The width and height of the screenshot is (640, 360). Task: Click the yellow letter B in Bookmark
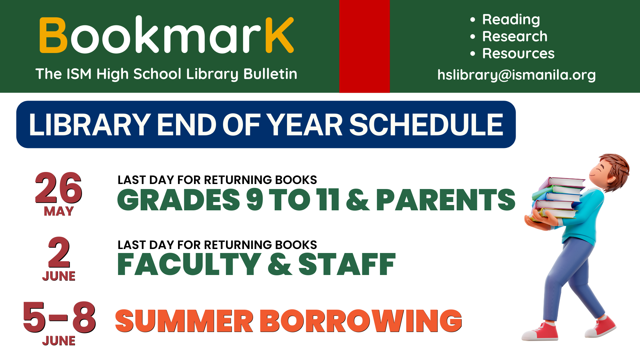53,35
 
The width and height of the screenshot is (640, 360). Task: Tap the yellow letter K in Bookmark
279,35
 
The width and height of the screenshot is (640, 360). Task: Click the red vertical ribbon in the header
364,46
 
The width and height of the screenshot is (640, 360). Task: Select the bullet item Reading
511,20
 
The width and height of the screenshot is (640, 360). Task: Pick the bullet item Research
515,37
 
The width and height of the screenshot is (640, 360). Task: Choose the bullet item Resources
518,54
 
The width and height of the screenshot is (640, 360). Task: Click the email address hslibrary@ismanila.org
516,75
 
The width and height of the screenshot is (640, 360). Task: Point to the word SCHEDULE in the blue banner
426,125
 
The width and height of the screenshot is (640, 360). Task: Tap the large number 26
58,188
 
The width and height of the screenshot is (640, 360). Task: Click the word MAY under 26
59,211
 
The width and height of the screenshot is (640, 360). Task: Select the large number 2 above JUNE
59,253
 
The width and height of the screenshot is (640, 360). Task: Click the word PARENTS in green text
446,200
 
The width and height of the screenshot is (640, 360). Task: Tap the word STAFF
347,264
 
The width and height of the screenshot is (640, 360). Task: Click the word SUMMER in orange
184,321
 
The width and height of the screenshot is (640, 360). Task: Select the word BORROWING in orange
361,321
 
